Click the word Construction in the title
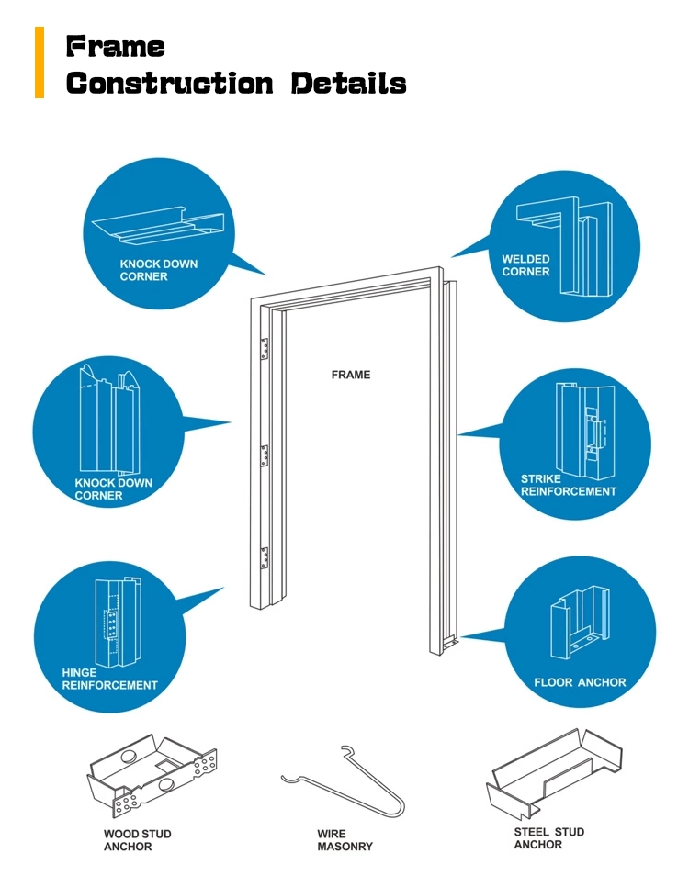[x=170, y=84]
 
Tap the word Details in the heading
[x=348, y=84]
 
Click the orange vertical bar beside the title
[x=40, y=62]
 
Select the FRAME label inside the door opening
[x=351, y=375]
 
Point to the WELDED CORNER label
[x=525, y=265]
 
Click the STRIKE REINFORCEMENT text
[x=568, y=485]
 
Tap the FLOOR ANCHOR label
[x=580, y=682]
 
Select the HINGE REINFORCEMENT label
[x=109, y=679]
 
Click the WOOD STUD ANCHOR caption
[x=137, y=839]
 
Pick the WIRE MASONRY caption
[x=344, y=839]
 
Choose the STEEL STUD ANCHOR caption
[x=548, y=837]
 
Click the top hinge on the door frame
[x=265, y=348]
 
